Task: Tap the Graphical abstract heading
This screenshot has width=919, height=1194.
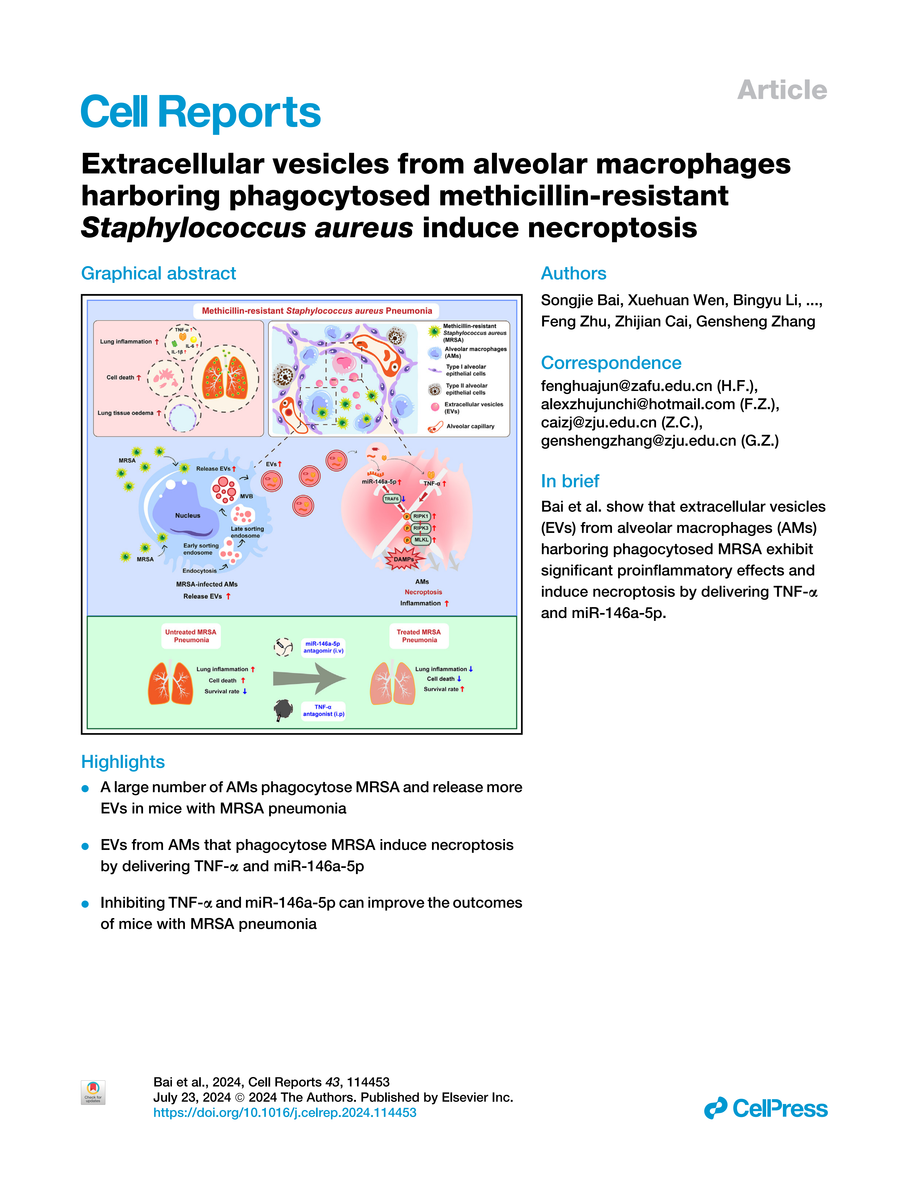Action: (x=158, y=273)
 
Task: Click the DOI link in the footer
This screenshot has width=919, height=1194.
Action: (x=285, y=1113)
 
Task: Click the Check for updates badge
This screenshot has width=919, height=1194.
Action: (x=93, y=1092)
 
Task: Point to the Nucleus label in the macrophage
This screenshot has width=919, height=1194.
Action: (x=187, y=515)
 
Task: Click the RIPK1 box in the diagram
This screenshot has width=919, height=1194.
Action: (x=421, y=516)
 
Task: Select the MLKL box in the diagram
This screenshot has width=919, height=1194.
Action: (x=421, y=540)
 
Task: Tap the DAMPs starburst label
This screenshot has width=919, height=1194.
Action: (x=404, y=559)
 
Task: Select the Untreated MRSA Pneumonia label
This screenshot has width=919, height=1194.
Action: (x=191, y=636)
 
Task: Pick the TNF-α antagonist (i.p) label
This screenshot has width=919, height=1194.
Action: (x=324, y=711)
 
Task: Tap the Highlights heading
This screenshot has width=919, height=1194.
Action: (x=123, y=762)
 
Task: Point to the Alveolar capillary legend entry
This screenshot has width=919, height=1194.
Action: (x=470, y=426)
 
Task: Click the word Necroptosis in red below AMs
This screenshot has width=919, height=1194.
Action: (x=423, y=592)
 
